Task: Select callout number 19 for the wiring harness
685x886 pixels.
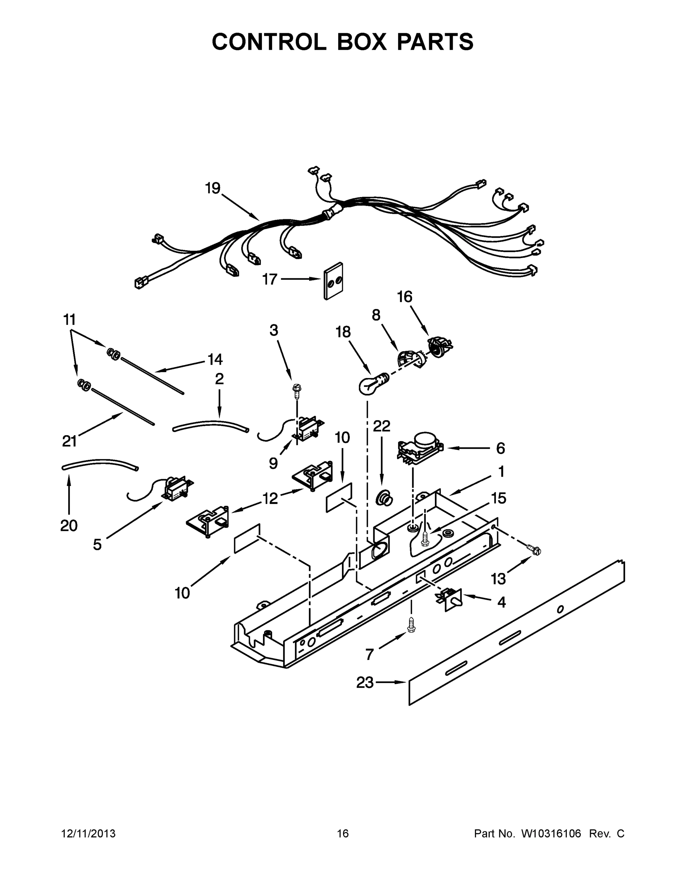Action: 213,188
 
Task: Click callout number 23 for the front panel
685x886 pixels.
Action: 365,682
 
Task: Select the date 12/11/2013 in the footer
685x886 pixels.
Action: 89,834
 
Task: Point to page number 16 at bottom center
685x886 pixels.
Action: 343,834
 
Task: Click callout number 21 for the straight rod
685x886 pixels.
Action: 69,440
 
